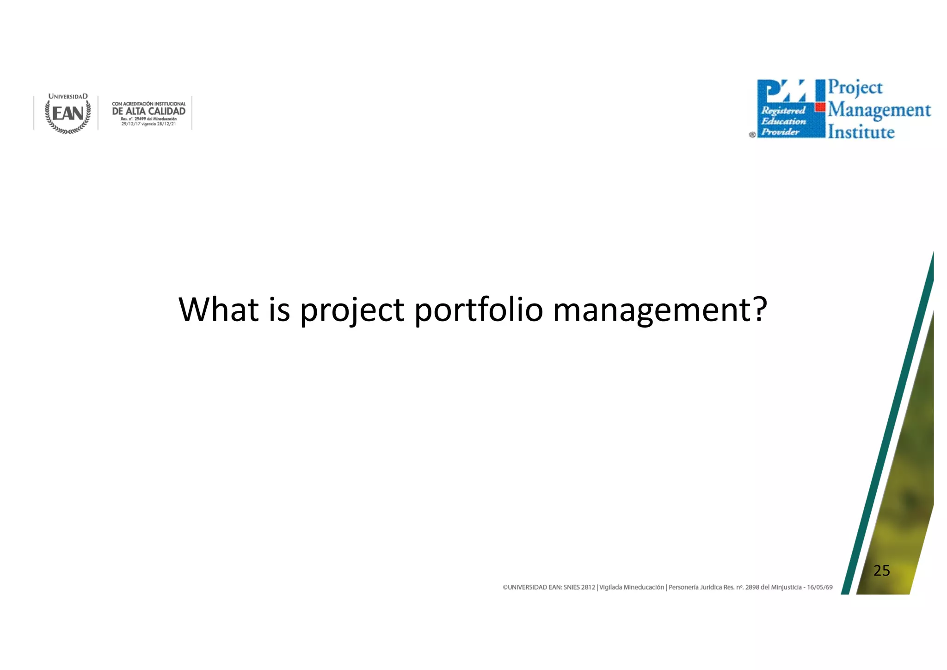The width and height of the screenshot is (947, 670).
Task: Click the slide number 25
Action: tap(881, 571)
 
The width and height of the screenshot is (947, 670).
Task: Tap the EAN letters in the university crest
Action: tap(68, 114)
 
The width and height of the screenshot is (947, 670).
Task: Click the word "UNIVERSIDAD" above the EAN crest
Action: tap(68, 96)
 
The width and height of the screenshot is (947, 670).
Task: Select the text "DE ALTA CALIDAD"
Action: tap(148, 111)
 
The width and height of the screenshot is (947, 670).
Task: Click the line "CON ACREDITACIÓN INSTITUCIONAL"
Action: tap(148, 104)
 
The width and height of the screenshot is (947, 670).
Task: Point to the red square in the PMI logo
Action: tap(820, 107)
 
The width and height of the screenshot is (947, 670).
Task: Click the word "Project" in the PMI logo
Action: tap(855, 87)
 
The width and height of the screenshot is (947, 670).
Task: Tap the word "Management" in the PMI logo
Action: tap(879, 110)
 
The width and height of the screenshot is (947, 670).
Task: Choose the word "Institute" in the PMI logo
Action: tap(861, 132)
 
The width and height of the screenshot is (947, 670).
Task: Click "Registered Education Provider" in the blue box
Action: tap(783, 121)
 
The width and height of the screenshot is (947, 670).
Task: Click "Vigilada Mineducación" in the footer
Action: tap(631, 587)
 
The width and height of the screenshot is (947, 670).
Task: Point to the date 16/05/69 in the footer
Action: tap(819, 587)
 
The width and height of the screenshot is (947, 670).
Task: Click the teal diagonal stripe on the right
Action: tap(888, 426)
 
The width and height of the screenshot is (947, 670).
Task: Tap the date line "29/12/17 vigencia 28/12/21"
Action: tap(148, 124)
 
